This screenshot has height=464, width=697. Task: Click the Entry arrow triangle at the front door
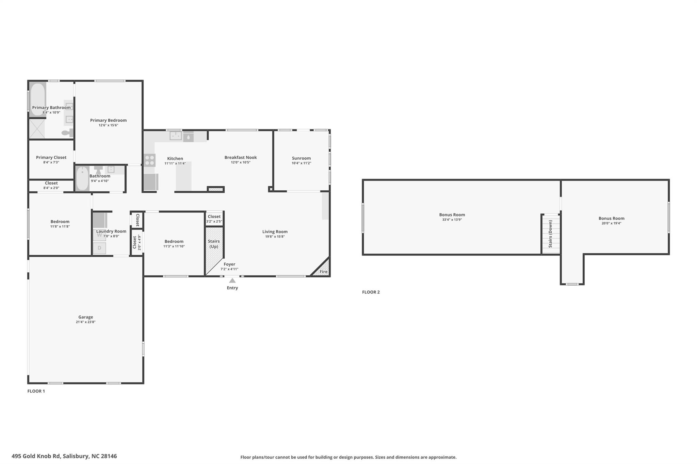click(232, 280)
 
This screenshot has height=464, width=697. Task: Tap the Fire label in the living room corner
click(323, 272)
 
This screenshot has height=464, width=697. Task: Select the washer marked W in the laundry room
click(99, 235)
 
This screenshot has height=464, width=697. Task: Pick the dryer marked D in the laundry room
click(99, 248)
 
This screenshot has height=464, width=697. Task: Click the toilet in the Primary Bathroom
click(68, 133)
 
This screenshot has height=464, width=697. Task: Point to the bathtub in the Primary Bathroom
click(37, 99)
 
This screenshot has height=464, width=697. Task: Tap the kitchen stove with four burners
click(149, 160)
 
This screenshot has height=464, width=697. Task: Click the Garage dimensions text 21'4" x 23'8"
click(85, 322)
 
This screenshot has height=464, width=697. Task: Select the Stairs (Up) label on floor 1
click(214, 244)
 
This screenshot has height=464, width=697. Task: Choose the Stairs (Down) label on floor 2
click(550, 234)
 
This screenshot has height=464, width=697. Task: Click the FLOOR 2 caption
click(371, 292)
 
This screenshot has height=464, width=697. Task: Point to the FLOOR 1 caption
click(36, 391)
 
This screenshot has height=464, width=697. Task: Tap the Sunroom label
click(301, 158)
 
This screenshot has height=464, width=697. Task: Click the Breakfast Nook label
click(241, 157)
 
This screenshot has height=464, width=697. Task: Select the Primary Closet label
click(51, 157)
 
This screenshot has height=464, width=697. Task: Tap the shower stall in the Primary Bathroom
click(37, 128)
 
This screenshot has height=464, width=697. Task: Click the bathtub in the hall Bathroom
click(82, 178)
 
